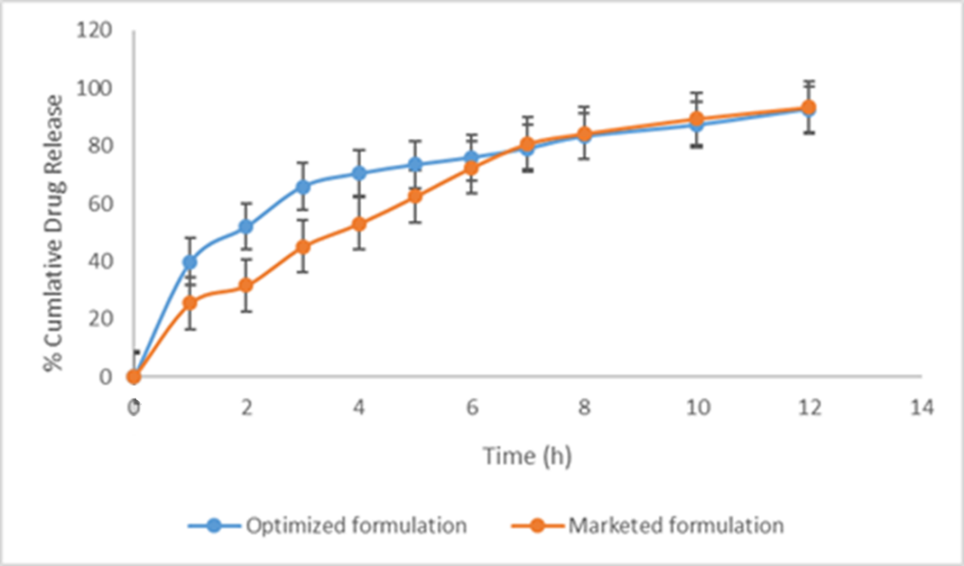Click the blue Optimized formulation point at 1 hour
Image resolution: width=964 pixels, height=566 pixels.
[x=190, y=262]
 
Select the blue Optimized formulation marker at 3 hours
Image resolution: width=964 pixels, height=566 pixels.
[x=303, y=187]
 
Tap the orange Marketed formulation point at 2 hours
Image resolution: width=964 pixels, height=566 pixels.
[x=246, y=285]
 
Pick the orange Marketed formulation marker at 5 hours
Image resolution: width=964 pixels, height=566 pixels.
[x=416, y=196]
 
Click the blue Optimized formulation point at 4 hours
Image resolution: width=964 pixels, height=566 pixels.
[x=359, y=173]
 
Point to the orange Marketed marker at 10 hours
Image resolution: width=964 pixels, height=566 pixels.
[x=696, y=119]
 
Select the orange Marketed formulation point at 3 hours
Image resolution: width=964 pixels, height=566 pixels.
[x=303, y=246]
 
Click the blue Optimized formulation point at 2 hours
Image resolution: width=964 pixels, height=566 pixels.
[x=246, y=227]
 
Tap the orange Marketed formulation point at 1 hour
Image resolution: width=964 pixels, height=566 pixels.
[x=190, y=303]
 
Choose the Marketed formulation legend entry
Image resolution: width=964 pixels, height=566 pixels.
[x=675, y=526]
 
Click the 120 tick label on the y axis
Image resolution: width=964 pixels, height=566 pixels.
[x=94, y=31]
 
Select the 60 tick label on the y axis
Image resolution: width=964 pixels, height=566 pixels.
[x=99, y=204]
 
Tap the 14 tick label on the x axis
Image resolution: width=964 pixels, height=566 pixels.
[x=920, y=407]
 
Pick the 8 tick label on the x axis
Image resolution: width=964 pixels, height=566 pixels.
[x=584, y=407]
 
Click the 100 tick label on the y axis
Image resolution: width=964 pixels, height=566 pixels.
[x=94, y=89]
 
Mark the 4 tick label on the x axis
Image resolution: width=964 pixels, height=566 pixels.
[x=359, y=407]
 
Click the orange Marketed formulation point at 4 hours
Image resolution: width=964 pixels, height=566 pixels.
[x=359, y=224]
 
